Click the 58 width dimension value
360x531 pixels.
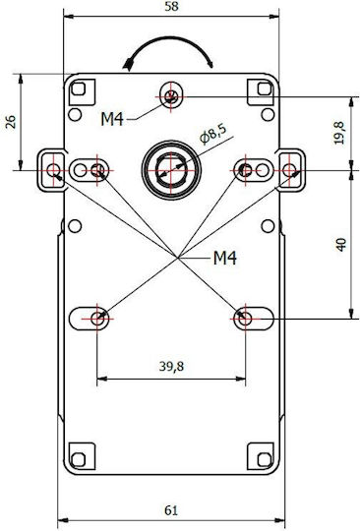(171, 7)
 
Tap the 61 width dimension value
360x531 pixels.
(171, 510)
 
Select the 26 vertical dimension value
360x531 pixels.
(11, 122)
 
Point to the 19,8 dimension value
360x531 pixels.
(339, 133)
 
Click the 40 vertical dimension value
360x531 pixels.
(341, 245)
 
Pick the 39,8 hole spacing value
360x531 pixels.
(171, 367)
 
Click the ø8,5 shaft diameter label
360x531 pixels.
(213, 134)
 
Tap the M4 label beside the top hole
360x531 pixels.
(112, 119)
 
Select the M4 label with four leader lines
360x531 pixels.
(225, 259)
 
